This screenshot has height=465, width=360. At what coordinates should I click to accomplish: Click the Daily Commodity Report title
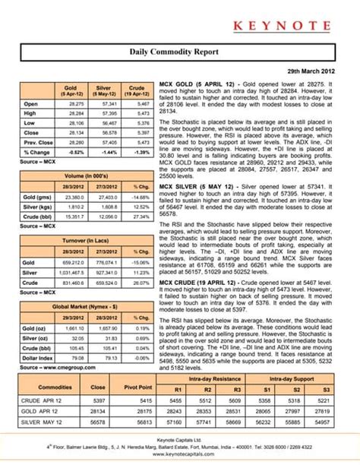pos(180,54)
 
